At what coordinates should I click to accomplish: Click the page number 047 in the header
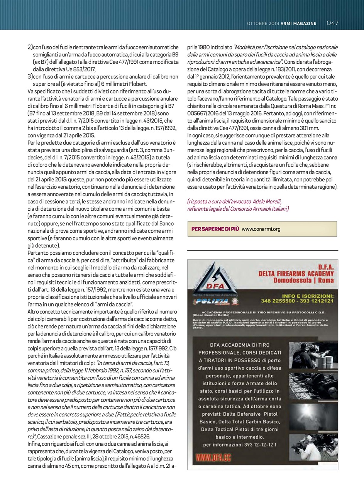[332, 23]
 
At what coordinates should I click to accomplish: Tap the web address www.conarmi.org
[261, 229]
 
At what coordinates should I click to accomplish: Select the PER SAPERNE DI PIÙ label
[215, 229]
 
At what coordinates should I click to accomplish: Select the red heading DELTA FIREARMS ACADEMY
[296, 273]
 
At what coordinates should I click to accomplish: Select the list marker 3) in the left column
[30, 77]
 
